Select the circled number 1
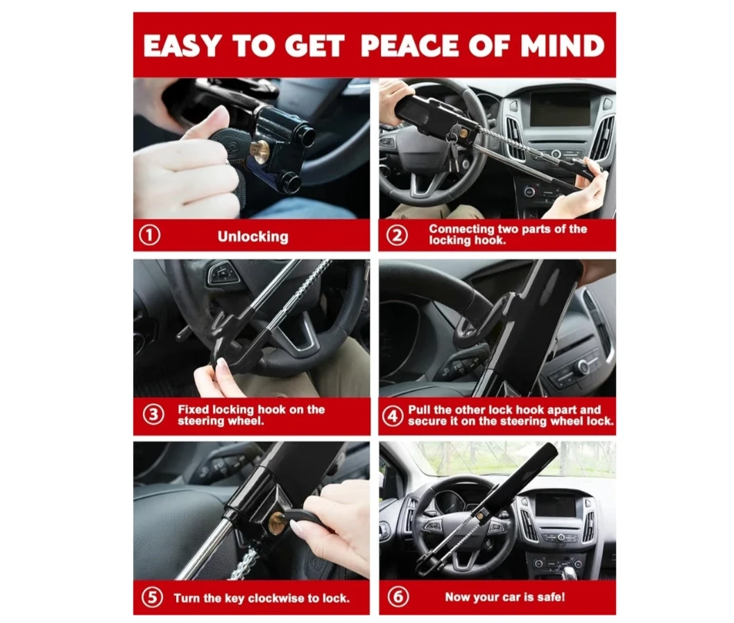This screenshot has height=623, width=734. [150, 235]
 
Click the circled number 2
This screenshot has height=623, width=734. [397, 235]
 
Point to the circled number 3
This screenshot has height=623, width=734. [153, 415]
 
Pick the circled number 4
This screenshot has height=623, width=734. [392, 416]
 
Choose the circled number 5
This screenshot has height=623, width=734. [152, 597]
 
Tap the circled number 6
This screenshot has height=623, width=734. [398, 597]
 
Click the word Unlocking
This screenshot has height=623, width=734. [253, 237]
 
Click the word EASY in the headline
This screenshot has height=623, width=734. [181, 46]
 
